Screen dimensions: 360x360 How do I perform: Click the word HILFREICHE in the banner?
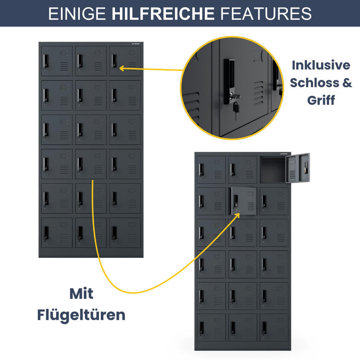(x=163, y=13)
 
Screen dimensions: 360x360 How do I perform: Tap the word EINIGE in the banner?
(x=77, y=13)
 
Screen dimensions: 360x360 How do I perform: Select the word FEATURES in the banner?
(x=266, y=13)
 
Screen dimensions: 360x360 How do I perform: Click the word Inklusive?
(x=321, y=65)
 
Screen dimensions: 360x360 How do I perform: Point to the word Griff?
(x=321, y=100)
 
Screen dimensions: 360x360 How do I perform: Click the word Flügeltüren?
(x=81, y=315)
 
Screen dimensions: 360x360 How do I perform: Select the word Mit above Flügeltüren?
(x=81, y=293)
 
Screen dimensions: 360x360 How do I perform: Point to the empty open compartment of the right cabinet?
(x=272, y=170)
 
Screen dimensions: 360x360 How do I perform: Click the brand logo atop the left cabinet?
(x=136, y=44)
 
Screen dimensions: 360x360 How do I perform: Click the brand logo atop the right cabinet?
(x=283, y=154)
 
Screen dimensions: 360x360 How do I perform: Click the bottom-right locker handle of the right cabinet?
(x=264, y=329)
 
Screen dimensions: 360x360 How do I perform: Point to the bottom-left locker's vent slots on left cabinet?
(x=64, y=238)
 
